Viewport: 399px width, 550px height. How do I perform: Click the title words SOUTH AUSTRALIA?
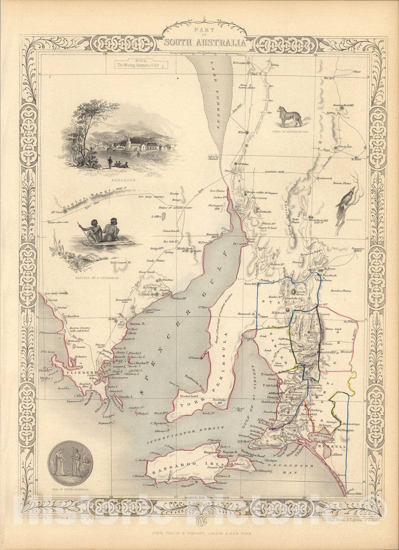tap(205, 43)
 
